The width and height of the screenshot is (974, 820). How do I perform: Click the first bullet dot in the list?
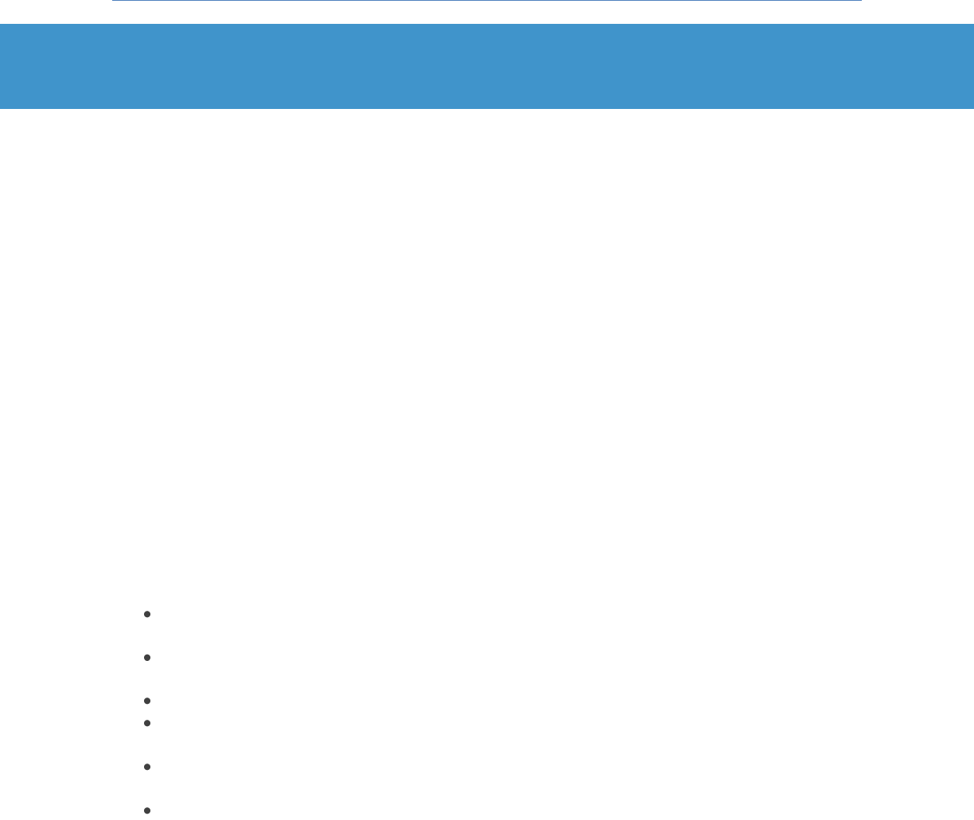click(147, 614)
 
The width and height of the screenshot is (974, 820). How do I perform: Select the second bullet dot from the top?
click(147, 658)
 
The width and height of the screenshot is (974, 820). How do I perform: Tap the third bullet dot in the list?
click(147, 701)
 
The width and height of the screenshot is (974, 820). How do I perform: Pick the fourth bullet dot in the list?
click(147, 723)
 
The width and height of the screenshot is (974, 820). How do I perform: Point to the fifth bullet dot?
click(147, 767)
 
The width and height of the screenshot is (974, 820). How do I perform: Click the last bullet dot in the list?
click(147, 810)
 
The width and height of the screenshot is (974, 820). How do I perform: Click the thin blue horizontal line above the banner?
click(487, 1)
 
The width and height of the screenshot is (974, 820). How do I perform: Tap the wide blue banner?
click(487, 66)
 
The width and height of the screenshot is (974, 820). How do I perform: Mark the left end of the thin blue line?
click(113, 1)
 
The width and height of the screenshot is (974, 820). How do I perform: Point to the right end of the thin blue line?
click(861, 1)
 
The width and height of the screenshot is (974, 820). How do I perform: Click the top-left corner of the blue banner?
click(1, 25)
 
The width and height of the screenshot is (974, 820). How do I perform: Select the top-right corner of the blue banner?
click(972, 25)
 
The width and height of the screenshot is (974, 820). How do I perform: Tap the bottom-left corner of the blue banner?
click(1, 107)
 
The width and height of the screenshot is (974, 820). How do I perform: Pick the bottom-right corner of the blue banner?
click(972, 107)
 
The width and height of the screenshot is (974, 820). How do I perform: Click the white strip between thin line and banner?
click(487, 13)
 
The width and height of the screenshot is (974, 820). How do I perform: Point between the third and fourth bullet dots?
click(147, 712)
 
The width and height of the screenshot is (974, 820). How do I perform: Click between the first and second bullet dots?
click(147, 636)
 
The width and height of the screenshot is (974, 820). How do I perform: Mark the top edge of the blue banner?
click(487, 25)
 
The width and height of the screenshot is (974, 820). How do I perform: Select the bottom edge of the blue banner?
click(487, 107)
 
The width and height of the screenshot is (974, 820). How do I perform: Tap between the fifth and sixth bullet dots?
click(147, 789)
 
